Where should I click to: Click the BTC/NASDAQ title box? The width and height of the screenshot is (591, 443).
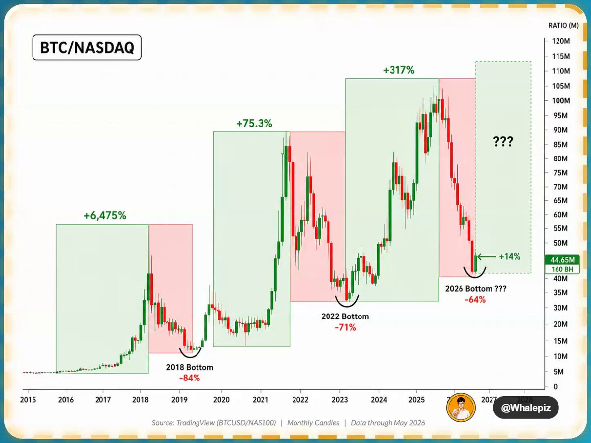87,47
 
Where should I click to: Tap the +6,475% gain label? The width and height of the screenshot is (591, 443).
105,215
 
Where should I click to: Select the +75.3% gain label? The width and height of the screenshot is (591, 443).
254,124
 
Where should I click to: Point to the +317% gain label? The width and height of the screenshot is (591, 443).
398,70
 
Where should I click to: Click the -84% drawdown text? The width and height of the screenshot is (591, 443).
190,378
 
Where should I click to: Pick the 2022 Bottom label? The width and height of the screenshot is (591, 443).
345,316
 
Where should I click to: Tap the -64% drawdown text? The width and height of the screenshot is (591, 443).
475,299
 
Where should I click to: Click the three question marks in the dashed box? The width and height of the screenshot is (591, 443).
503,141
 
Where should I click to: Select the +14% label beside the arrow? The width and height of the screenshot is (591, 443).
509,256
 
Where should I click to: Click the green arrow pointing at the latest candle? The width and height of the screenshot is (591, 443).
487,257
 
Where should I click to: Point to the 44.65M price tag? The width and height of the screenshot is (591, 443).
562,260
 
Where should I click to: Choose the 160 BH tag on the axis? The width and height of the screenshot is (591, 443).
562,269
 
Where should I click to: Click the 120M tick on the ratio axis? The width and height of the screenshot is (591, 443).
561,41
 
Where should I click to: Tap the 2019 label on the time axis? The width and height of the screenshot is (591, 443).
179,400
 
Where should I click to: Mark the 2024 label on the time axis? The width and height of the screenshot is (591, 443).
379,400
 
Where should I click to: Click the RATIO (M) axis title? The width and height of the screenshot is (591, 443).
563,25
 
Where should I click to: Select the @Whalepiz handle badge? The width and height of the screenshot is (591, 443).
525,408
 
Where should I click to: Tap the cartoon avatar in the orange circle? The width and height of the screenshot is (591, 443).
460,407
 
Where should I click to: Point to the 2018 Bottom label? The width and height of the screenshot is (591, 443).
190,367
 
